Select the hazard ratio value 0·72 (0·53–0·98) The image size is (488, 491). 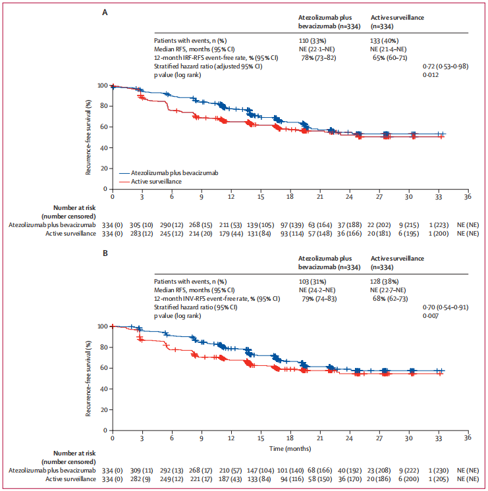pos(446,66)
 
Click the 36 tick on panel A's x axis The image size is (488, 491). pos(468,196)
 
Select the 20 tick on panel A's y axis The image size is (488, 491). pos(103,168)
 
